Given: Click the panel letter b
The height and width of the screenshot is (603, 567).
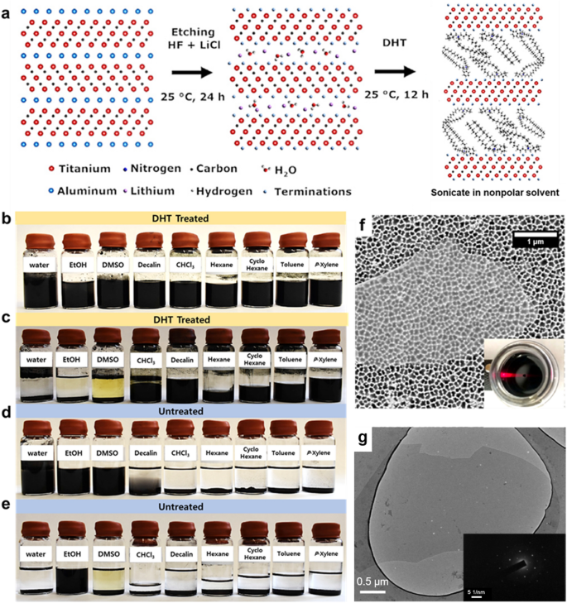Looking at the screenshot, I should pyautogui.click(x=8, y=219).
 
